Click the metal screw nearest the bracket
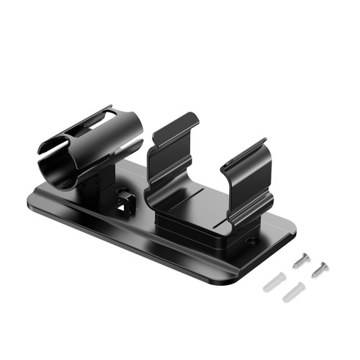coord(301,261)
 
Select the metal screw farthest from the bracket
coord(319,271)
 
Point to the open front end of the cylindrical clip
coord(54,162)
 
